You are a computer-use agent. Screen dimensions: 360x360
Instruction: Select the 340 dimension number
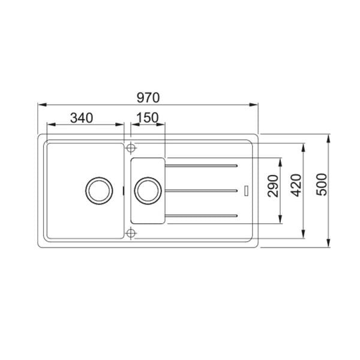coord(81,118)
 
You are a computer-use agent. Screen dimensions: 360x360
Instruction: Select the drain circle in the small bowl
coord(147,190)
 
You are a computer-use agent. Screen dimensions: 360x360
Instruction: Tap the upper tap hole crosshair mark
coord(131,146)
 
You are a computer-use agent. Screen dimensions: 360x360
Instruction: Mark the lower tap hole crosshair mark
coord(131,233)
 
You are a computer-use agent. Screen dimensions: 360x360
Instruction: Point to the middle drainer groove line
coord(203,190)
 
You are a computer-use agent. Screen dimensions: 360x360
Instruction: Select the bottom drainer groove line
coord(203,215)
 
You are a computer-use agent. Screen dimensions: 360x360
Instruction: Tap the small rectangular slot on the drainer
coord(246,190)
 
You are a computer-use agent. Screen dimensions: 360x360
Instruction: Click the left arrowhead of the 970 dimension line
coord(41,104)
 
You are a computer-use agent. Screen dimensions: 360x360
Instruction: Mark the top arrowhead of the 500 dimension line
coord(329,138)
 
